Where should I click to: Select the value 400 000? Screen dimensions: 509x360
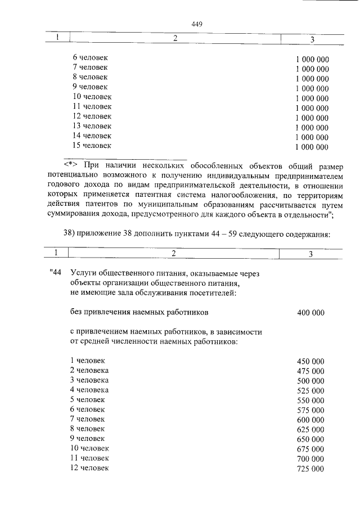click(310, 313)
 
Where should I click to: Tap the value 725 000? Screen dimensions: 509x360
click(310, 469)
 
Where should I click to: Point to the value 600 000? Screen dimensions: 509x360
click(310, 420)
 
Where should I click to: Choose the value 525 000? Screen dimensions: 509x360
click(310, 390)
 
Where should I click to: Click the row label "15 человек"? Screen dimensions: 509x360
click(92, 146)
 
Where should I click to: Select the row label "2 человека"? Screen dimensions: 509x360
click(89, 370)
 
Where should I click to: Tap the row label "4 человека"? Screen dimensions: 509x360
click(89, 390)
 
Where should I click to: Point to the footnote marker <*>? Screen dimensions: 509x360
click(70, 165)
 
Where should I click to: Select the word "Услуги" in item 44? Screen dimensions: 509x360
click(84, 273)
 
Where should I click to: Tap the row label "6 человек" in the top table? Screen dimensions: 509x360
click(90, 57)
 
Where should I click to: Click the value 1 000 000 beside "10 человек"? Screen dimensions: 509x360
click(312, 98)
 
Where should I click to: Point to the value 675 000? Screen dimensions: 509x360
click(310, 449)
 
